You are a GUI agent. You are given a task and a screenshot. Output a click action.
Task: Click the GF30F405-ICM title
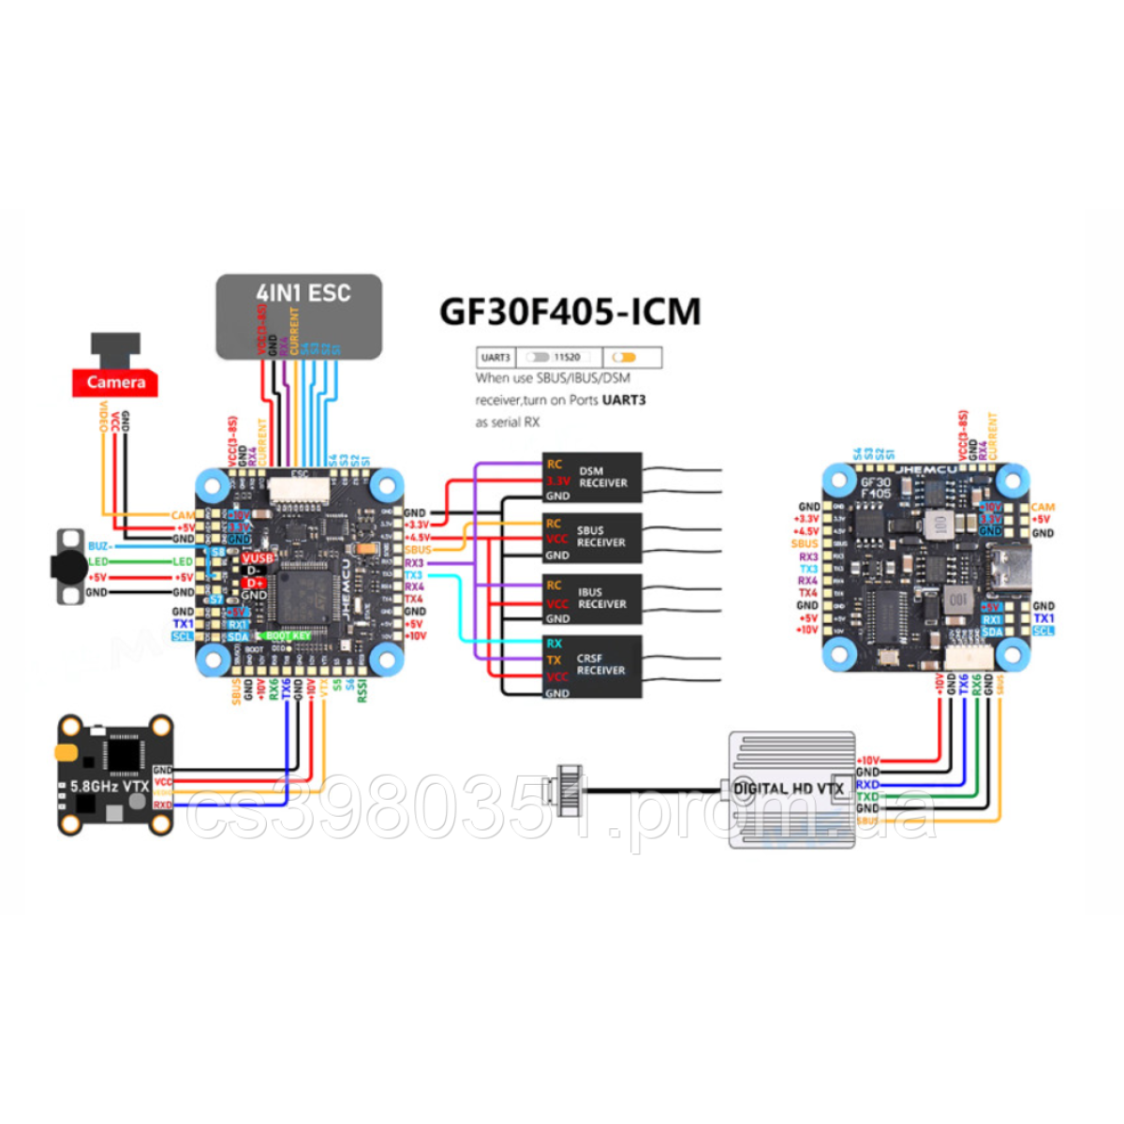click(x=569, y=311)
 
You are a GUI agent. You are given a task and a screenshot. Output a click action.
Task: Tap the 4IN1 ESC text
click(x=303, y=293)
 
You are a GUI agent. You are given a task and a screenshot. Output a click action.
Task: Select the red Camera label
click(x=115, y=382)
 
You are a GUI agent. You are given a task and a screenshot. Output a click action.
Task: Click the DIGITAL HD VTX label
click(x=789, y=789)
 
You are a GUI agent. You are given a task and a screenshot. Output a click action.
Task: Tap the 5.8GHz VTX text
click(x=110, y=786)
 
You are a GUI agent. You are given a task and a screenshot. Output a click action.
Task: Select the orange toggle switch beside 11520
click(x=624, y=357)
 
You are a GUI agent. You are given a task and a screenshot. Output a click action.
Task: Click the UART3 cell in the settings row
click(x=495, y=357)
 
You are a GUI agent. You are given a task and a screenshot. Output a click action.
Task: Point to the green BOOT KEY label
click(x=288, y=636)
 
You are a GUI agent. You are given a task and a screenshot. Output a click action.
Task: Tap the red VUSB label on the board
click(x=258, y=558)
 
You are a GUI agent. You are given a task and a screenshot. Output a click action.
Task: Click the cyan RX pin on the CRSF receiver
click(x=555, y=643)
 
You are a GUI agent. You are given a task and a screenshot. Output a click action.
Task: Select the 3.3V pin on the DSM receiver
click(x=557, y=481)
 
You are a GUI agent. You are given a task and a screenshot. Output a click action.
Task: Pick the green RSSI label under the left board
click(x=362, y=690)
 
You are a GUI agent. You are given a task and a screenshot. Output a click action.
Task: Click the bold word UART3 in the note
click(x=624, y=400)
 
